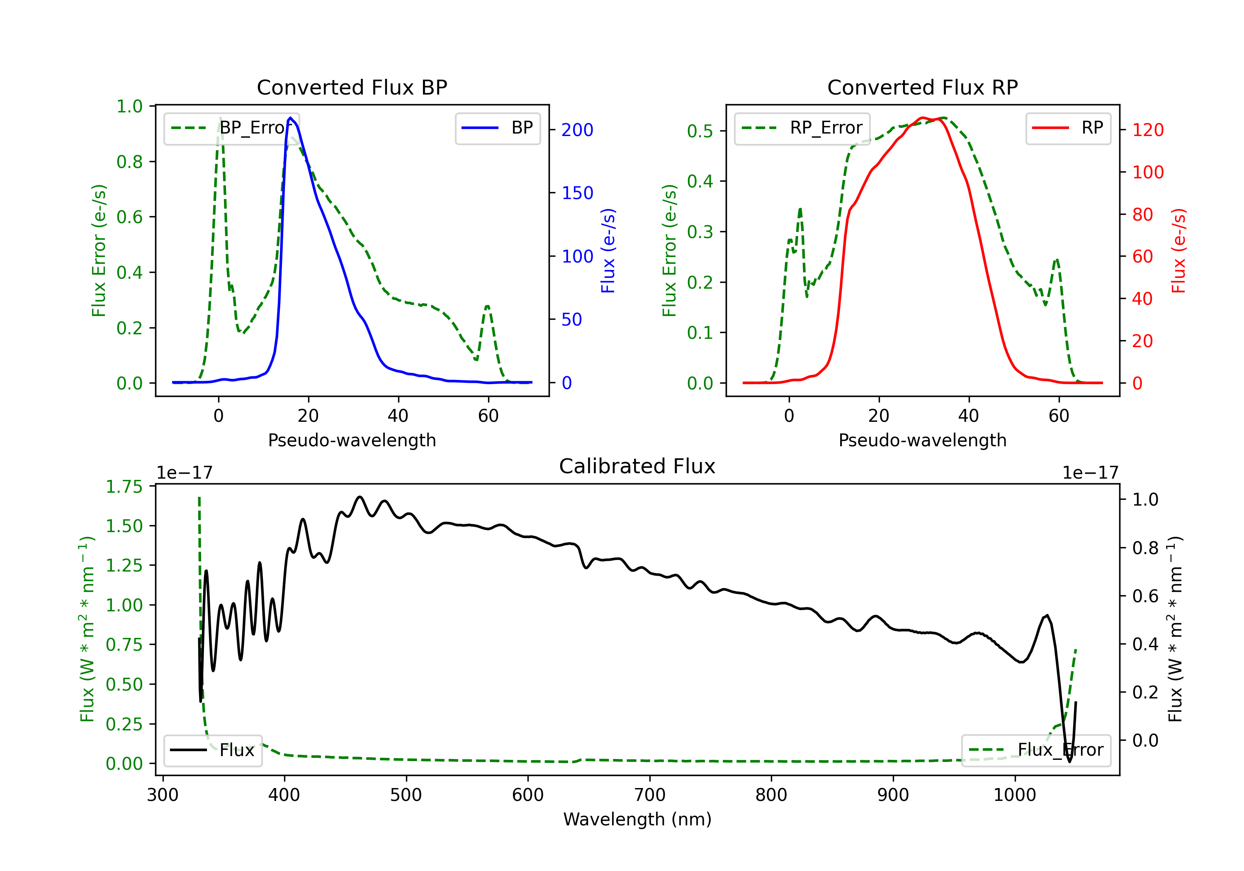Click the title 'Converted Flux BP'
[352, 87]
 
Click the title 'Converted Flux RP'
[923, 87]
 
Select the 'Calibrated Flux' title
[637, 466]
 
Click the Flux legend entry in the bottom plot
[212, 750]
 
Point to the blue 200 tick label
[577, 130]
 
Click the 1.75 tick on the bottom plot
[124, 487]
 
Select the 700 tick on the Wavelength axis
[650, 795]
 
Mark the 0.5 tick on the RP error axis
[700, 131]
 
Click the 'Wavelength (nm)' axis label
[637, 820]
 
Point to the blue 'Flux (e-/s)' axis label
[608, 251]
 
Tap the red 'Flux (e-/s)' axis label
[1178, 251]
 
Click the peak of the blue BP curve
[290, 118]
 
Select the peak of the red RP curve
[922, 118]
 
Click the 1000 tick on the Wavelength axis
[1015, 795]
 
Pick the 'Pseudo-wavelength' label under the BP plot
[352, 440]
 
